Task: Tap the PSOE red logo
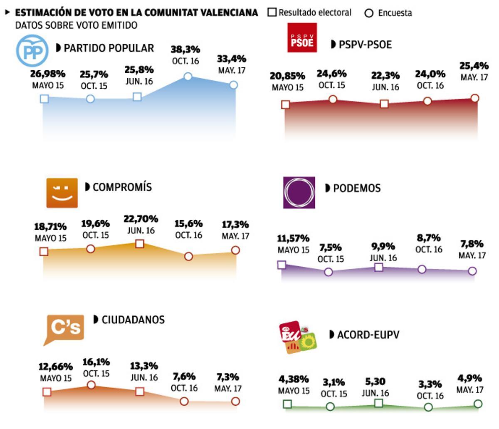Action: (x=302, y=38)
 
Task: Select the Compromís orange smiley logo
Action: (x=62, y=193)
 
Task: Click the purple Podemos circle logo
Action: (x=299, y=192)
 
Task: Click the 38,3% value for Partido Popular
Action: (x=185, y=50)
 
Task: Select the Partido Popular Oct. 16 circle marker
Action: (x=188, y=76)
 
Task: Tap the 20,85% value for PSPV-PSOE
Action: (x=287, y=76)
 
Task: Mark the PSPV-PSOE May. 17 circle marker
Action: (x=475, y=98)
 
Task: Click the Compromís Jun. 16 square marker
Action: (x=140, y=243)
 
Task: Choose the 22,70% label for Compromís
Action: (x=141, y=219)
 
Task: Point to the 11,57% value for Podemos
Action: (x=293, y=238)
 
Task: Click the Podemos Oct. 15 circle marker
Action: (x=328, y=272)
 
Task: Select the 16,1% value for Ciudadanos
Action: (x=96, y=362)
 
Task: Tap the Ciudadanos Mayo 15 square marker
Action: (x=47, y=392)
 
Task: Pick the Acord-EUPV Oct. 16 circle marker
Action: (x=428, y=407)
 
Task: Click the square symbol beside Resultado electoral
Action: (x=272, y=12)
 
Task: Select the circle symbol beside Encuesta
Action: (x=368, y=13)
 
